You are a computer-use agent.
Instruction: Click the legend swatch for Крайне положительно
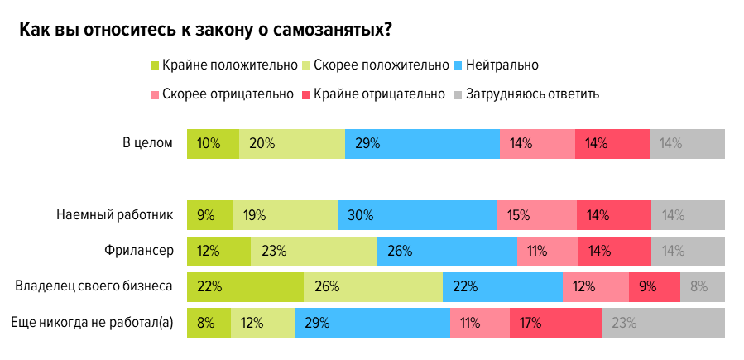(x=155, y=65)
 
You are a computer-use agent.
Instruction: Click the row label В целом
(x=147, y=143)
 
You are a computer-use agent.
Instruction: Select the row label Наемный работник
(x=115, y=215)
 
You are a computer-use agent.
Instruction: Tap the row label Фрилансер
(x=139, y=251)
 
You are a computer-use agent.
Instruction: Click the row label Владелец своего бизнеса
(x=94, y=287)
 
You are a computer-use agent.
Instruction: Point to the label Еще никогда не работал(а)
(x=92, y=323)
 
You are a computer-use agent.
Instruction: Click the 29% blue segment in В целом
(x=422, y=143)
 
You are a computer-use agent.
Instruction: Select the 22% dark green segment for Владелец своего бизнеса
(x=246, y=287)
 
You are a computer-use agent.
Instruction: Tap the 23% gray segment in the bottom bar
(x=663, y=323)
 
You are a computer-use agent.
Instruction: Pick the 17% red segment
(x=555, y=323)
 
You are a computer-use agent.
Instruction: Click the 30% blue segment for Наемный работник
(x=416, y=215)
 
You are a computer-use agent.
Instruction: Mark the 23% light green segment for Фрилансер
(x=313, y=251)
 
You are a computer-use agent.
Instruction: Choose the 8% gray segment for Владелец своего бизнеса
(x=702, y=287)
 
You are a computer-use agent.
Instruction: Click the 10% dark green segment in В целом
(x=214, y=143)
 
